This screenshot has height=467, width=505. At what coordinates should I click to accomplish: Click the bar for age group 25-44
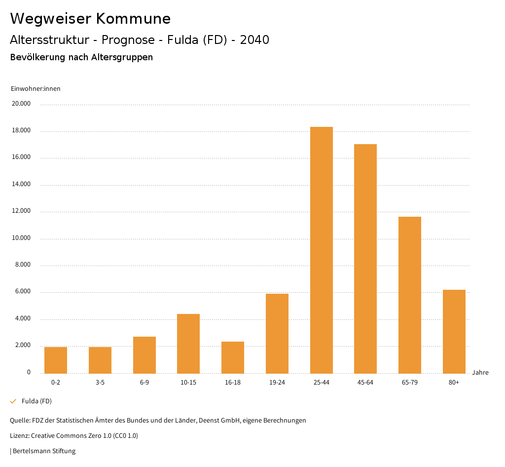(x=322, y=250)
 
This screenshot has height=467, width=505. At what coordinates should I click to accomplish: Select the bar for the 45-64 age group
(x=365, y=259)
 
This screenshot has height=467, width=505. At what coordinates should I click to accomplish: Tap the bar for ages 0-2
(x=56, y=360)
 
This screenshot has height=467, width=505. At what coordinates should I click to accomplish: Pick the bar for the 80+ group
(x=454, y=331)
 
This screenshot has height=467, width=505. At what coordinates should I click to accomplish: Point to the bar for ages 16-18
(x=233, y=357)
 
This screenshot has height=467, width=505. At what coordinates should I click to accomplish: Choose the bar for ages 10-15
(x=188, y=344)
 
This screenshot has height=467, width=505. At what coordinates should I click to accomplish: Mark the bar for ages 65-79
(x=410, y=295)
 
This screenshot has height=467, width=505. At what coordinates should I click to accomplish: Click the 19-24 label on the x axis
(x=277, y=383)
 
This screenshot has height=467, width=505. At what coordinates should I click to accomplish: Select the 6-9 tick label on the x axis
(x=144, y=383)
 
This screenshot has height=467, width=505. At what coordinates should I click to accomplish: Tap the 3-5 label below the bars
(x=100, y=383)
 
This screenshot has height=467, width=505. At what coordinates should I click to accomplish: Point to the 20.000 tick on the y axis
(x=22, y=104)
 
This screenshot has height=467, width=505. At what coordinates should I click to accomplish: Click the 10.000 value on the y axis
(x=22, y=238)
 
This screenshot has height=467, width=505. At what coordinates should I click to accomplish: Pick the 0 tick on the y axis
(x=29, y=372)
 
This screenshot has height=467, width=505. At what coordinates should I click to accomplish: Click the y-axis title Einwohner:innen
(x=36, y=89)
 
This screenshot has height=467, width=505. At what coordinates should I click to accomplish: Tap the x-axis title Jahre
(x=480, y=373)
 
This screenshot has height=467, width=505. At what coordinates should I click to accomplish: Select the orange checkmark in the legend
(x=13, y=401)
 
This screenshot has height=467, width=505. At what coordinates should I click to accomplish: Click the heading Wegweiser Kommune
(x=90, y=19)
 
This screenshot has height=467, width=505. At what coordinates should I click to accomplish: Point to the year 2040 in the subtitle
(x=254, y=40)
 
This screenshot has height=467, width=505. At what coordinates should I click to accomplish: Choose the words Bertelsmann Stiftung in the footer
(x=44, y=451)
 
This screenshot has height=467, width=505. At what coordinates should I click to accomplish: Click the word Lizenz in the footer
(x=19, y=436)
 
